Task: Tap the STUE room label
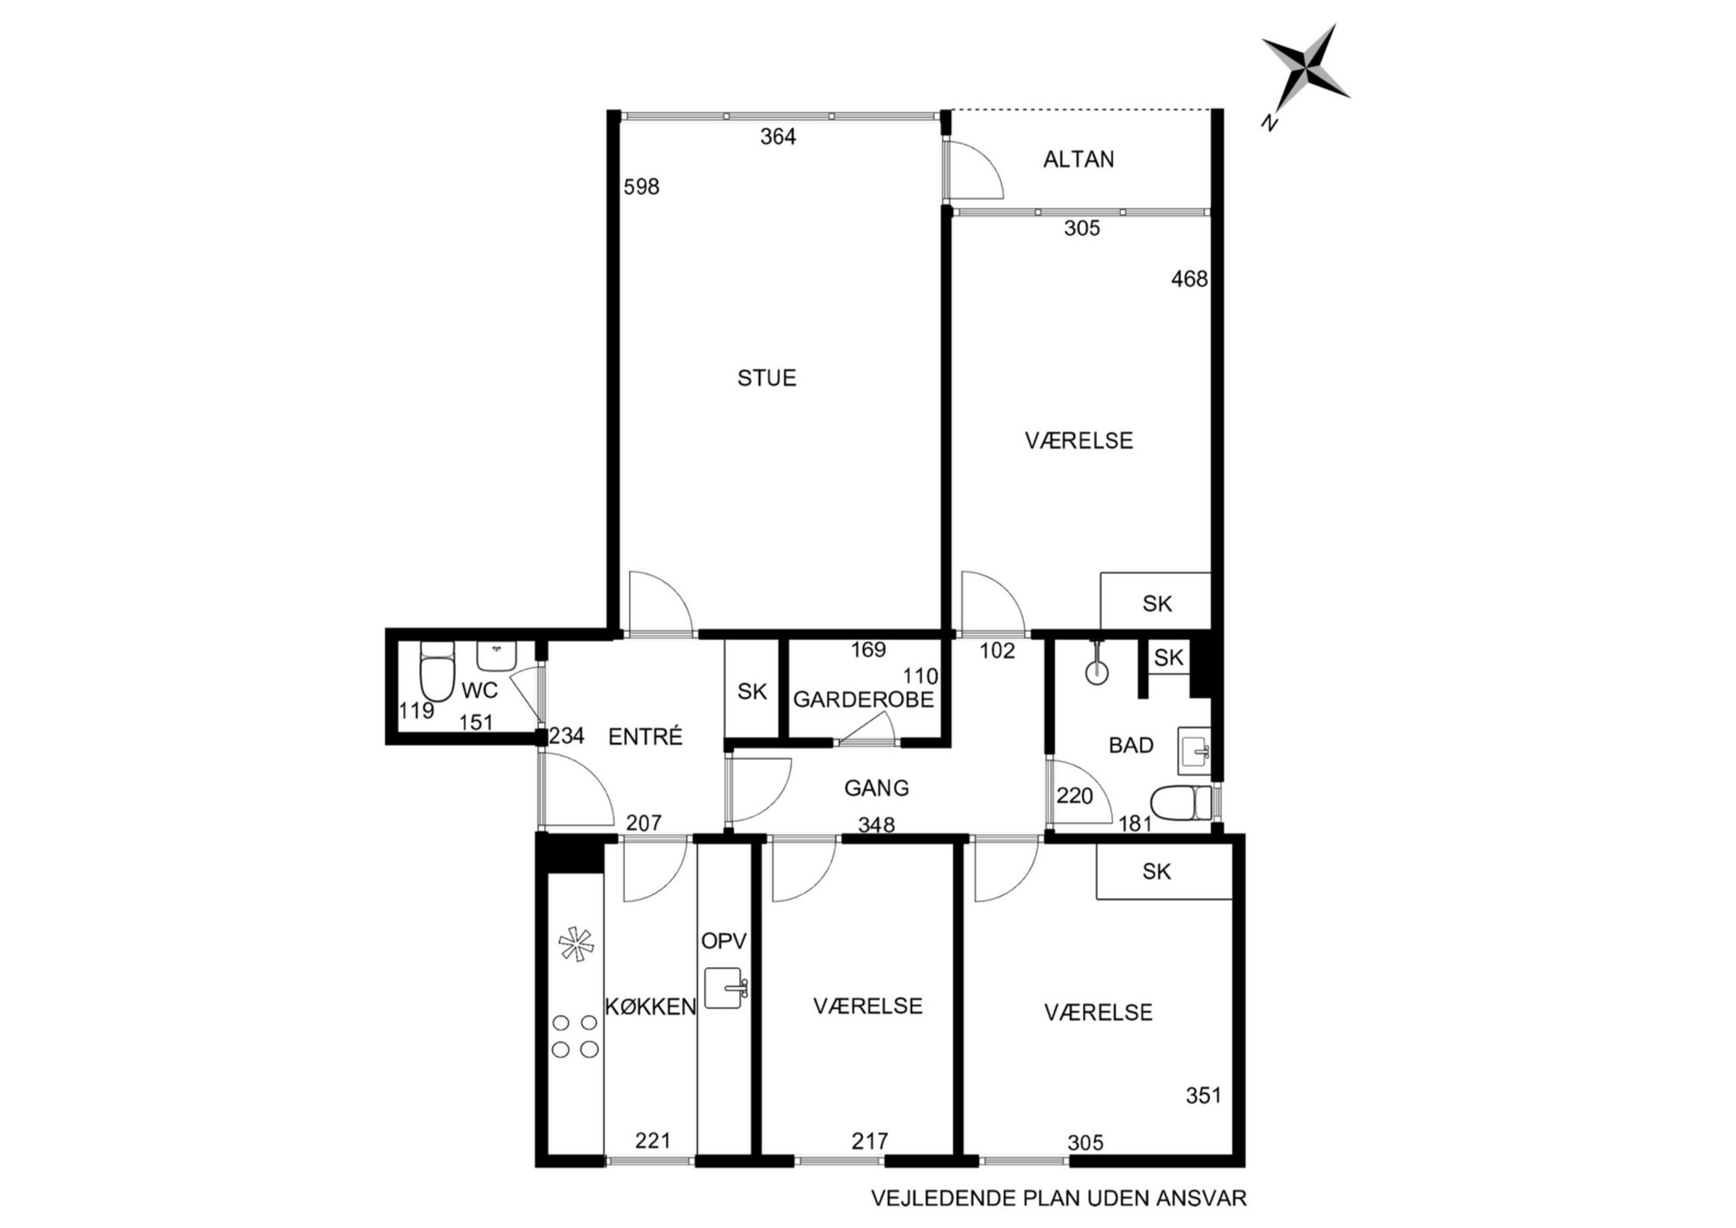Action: (766, 378)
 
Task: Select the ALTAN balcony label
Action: (1079, 159)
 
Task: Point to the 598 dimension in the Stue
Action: (641, 186)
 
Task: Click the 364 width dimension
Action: (778, 137)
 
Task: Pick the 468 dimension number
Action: (1189, 279)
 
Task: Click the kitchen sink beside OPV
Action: (724, 988)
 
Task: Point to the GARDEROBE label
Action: (863, 700)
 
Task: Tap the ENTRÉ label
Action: (645, 737)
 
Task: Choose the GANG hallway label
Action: (876, 788)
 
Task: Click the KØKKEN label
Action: (650, 1007)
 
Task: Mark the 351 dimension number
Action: (1203, 1095)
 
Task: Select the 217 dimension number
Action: (870, 1140)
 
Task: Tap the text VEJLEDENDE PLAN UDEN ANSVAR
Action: (1059, 1198)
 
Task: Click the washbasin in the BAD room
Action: (1194, 750)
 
